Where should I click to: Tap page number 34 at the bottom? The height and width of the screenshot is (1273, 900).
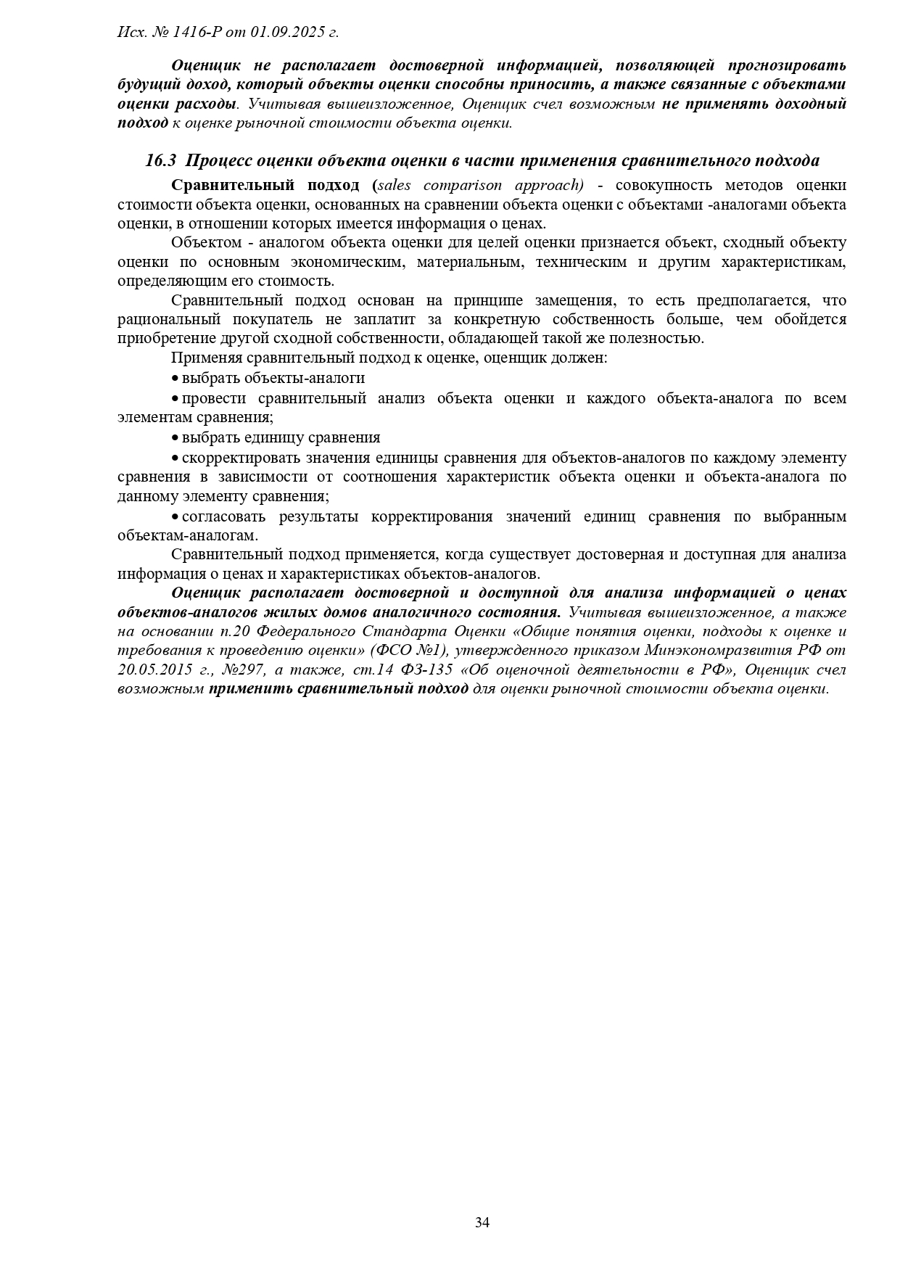tap(482, 1222)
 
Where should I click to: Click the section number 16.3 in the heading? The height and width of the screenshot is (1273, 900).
tap(161, 161)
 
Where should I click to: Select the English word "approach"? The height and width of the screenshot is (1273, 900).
tap(548, 185)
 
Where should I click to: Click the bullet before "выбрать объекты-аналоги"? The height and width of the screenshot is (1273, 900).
tap(175, 379)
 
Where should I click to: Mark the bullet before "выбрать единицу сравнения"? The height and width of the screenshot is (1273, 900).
tap(175, 438)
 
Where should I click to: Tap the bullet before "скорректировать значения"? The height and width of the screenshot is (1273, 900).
tap(175, 458)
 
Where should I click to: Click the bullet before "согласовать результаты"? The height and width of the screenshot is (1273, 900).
tap(175, 517)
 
